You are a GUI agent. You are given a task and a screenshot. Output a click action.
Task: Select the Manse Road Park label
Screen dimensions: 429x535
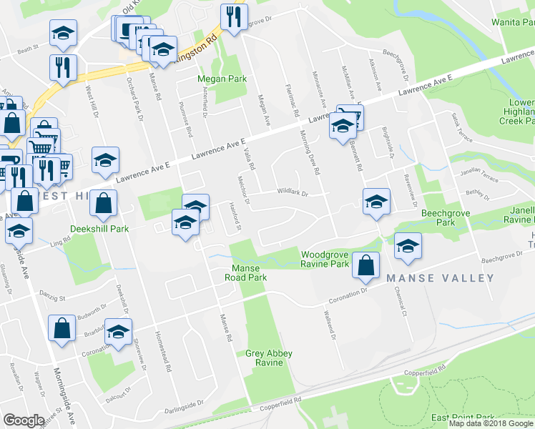pos(245,272)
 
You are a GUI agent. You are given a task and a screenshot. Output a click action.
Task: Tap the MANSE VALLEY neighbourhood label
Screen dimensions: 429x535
pos(440,277)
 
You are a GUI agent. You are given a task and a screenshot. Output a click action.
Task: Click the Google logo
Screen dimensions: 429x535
pos(23,420)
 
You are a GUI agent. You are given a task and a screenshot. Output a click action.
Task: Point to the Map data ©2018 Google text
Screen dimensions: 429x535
pos(491,423)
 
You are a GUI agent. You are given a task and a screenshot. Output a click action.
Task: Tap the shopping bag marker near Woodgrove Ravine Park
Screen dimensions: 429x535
pos(365,265)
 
